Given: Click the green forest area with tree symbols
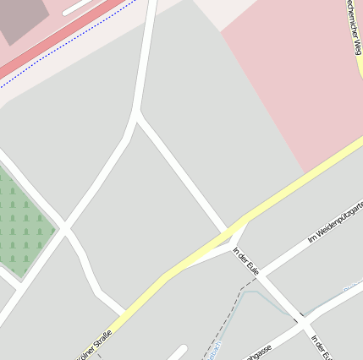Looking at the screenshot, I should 24,222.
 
